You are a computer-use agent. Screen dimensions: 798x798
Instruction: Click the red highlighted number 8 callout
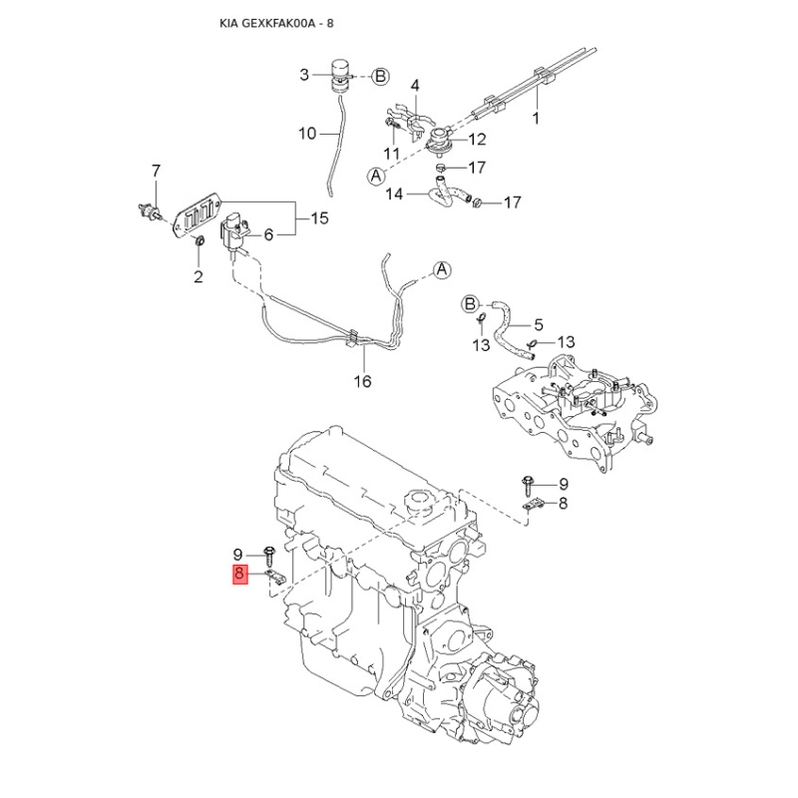pos(240,575)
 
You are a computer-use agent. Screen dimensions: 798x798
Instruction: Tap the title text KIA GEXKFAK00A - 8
pos(276,23)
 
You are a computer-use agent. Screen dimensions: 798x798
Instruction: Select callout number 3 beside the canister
pos(304,76)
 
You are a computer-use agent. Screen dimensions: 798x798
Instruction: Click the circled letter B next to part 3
pos(380,77)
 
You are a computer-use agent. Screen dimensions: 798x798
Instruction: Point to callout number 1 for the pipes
pos(536,119)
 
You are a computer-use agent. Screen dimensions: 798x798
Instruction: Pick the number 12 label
pos(477,139)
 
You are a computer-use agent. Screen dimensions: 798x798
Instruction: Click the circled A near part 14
pos(376,177)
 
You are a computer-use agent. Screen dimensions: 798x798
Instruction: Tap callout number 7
pos(156,171)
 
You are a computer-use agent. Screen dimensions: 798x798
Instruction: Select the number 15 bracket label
pos(319,218)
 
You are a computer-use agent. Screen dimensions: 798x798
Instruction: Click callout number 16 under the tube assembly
pos(362,381)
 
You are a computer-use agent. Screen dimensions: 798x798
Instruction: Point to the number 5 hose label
pos(538,324)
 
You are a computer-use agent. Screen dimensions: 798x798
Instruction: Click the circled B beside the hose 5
pos(470,305)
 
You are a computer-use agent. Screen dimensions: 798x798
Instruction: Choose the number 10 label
pos(307,134)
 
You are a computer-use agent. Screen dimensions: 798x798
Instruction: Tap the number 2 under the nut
pos(198,276)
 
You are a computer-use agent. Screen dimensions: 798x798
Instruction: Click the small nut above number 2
pos(200,240)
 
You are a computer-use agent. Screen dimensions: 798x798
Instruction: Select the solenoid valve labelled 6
pos(234,231)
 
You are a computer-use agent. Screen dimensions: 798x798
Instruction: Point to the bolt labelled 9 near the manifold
pos(528,485)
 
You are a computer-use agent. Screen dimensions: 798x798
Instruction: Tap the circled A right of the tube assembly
pos(442,269)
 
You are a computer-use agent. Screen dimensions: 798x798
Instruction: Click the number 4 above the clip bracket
pos(415,85)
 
